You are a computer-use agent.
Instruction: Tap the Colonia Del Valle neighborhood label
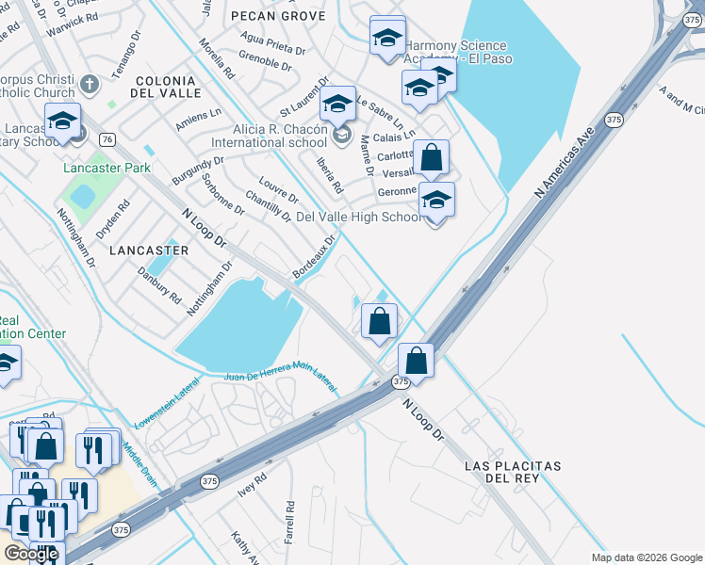(x=167, y=87)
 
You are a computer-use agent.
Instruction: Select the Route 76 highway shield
(x=107, y=139)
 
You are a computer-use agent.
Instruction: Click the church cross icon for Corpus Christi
(x=90, y=84)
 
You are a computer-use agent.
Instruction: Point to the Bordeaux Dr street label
(x=315, y=256)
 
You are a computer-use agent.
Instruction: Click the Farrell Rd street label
(x=289, y=521)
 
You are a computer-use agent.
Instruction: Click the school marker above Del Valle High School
(x=436, y=200)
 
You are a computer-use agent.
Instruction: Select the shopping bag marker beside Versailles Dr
(x=431, y=157)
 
